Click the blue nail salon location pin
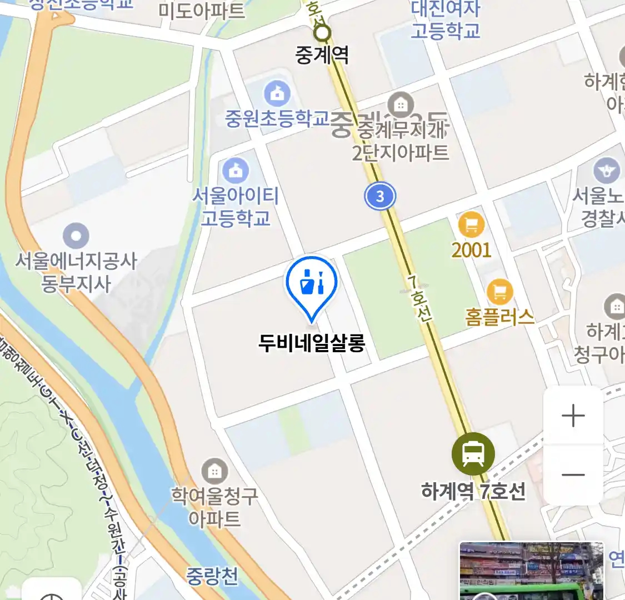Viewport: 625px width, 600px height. [312, 284]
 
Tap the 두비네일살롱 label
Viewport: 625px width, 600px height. [312, 343]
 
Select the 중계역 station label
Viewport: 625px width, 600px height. [322, 55]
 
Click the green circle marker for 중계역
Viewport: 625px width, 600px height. [322, 33]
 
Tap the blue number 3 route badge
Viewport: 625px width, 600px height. [380, 196]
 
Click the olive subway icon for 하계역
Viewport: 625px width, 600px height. [473, 454]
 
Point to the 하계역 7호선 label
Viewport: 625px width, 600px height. [473, 491]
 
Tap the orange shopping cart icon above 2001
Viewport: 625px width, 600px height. [471, 225]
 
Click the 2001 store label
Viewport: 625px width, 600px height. [471, 250]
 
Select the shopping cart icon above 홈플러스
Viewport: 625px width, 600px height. [499, 291]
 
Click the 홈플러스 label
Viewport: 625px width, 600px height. [499, 317]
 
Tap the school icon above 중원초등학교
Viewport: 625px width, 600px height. [277, 93]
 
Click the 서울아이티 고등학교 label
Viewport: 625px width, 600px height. [236, 206]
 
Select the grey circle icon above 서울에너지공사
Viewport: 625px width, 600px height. [76, 236]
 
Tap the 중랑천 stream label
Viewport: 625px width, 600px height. [212, 576]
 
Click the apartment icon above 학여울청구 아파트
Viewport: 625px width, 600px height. [214, 472]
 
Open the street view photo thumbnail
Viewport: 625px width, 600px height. [531, 571]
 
